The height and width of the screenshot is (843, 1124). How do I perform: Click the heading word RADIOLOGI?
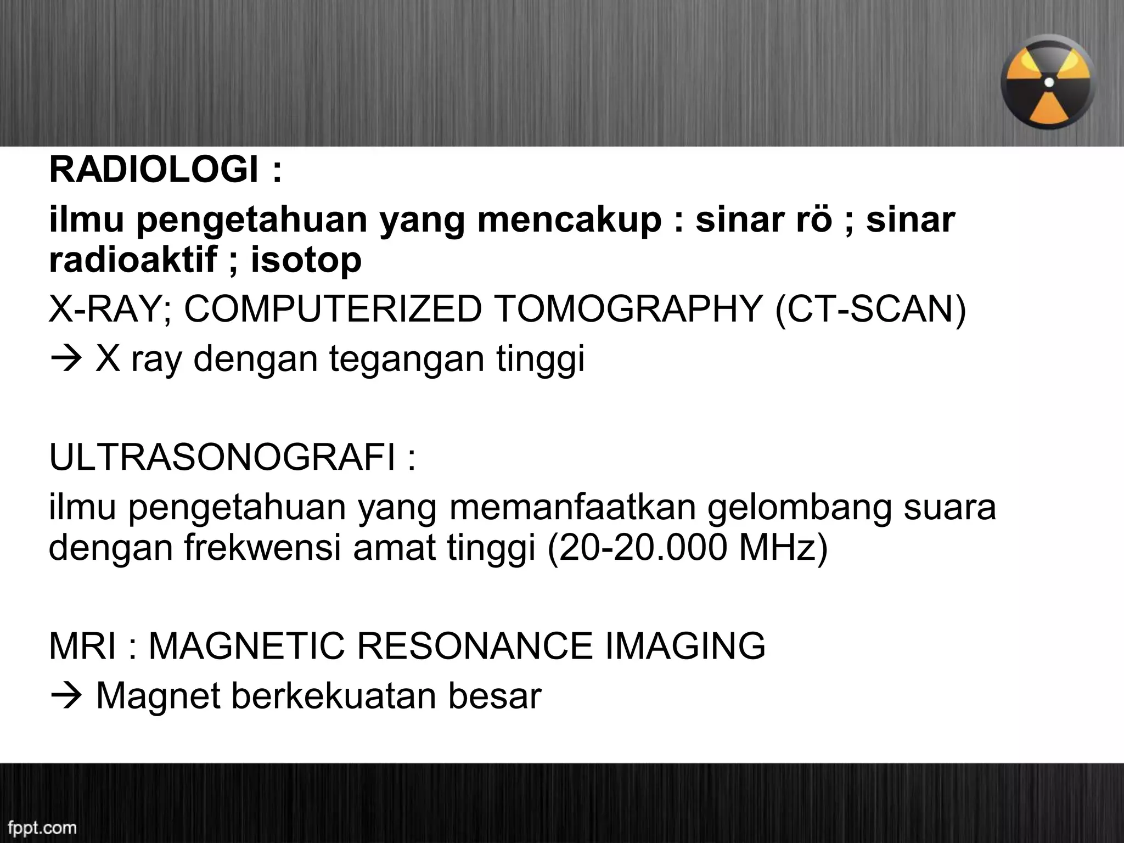pos(154,170)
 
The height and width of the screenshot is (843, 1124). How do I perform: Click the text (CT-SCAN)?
pos(870,310)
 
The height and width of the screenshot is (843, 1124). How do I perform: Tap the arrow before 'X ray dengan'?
pos(65,360)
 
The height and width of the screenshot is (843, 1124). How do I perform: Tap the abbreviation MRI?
pos(82,646)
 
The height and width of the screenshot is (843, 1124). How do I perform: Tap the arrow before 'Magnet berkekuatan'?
pos(65,696)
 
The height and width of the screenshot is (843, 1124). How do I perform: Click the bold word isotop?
pos(306,260)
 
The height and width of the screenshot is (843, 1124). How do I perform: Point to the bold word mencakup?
pos(569,221)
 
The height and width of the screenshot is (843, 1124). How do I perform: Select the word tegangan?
pos(407,360)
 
